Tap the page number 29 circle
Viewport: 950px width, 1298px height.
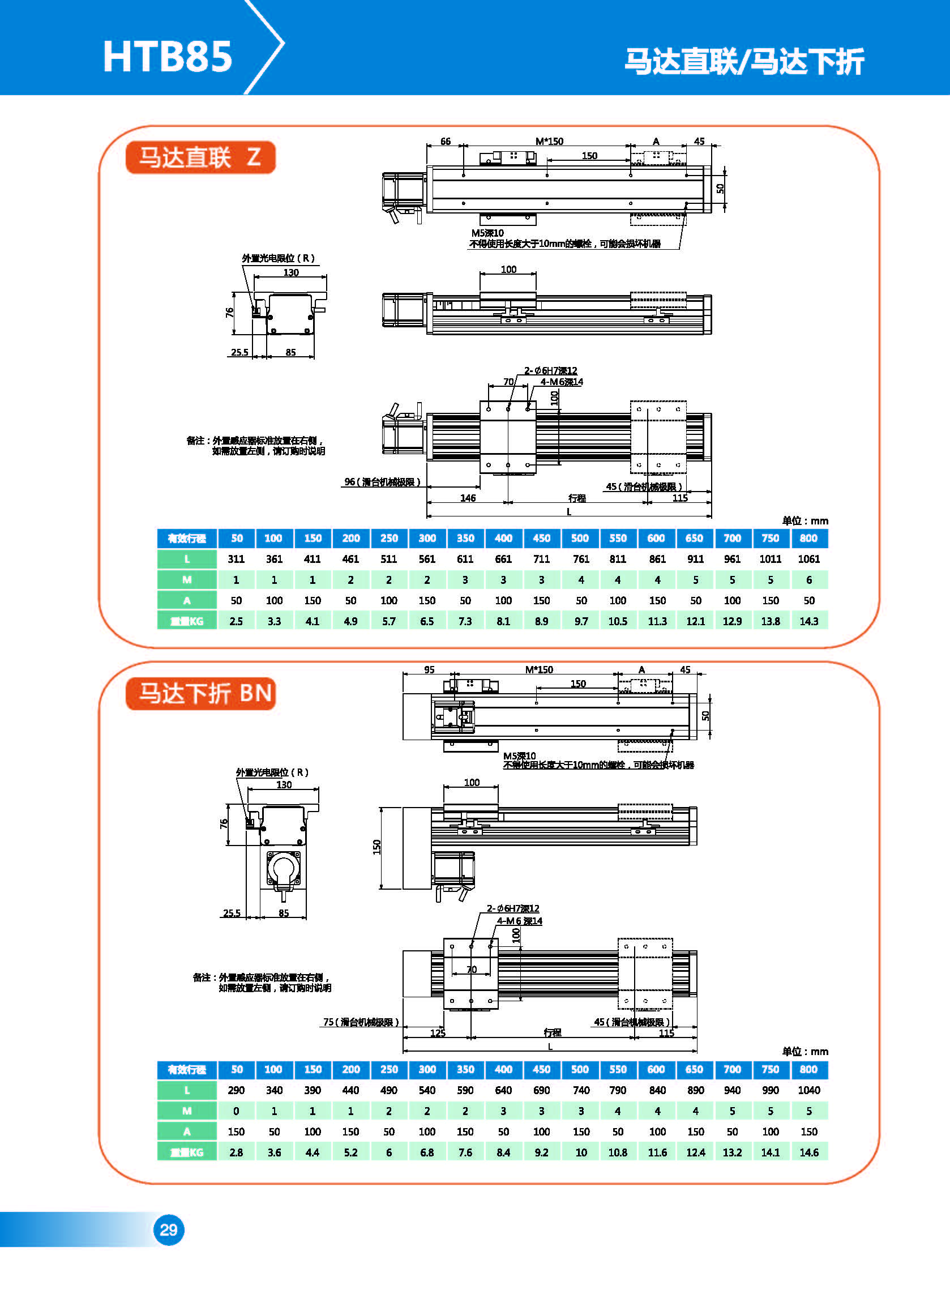coord(169,1229)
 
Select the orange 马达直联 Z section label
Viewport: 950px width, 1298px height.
coord(200,157)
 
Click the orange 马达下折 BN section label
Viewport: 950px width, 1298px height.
coord(200,694)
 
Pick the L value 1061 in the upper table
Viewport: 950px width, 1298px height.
coord(808,559)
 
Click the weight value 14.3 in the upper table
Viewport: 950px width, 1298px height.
coord(808,621)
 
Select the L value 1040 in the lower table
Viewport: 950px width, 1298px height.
coord(808,1090)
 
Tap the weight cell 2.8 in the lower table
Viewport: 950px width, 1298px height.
coord(236,1152)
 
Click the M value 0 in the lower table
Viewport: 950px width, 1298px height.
coord(236,1111)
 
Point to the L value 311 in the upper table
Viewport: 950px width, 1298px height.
coord(236,559)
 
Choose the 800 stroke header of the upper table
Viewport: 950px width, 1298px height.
coord(808,539)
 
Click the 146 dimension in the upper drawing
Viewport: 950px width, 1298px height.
coord(468,498)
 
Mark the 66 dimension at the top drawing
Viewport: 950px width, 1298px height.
coord(445,142)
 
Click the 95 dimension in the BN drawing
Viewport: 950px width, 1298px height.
coord(429,670)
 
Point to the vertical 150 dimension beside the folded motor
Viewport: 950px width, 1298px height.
coord(377,847)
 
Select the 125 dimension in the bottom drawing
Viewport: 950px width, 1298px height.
coord(438,1033)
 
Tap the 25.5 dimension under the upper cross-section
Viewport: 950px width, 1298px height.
coord(239,352)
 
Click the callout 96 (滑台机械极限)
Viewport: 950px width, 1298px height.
coord(382,482)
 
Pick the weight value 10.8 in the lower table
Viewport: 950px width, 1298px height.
coord(618,1152)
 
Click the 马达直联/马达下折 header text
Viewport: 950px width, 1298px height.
coord(744,61)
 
